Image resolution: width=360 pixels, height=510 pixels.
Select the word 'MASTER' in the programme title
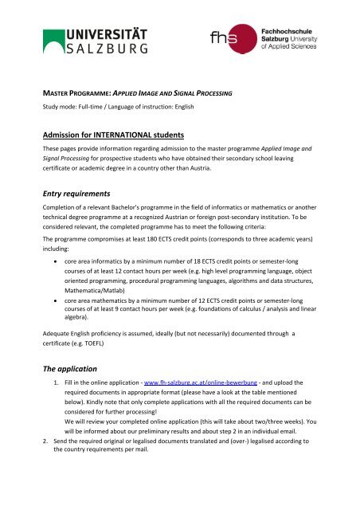point(63,90)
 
